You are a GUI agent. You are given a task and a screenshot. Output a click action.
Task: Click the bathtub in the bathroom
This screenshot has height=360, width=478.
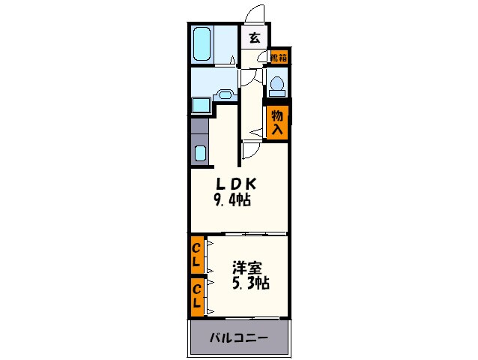click(202, 44)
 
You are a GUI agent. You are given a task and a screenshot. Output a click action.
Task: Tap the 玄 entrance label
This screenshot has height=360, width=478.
click(254, 38)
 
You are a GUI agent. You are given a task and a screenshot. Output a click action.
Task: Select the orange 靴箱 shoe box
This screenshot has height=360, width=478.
click(278, 57)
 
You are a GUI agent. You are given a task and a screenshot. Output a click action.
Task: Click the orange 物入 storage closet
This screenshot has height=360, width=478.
click(276, 121)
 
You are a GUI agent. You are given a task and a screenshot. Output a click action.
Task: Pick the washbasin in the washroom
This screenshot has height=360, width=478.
click(225, 96)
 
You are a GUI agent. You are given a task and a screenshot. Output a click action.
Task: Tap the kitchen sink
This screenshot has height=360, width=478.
click(200, 153)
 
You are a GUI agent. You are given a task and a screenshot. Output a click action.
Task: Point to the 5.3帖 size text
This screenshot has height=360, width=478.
click(249, 283)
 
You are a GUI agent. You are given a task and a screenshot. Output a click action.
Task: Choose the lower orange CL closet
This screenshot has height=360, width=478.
click(196, 295)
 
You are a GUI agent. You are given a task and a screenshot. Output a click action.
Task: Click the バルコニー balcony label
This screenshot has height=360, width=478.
click(238, 338)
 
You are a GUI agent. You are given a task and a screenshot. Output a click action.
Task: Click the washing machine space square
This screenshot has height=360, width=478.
click(200, 104)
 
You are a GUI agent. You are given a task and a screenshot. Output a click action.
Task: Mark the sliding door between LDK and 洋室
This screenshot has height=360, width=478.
click(246, 234)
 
